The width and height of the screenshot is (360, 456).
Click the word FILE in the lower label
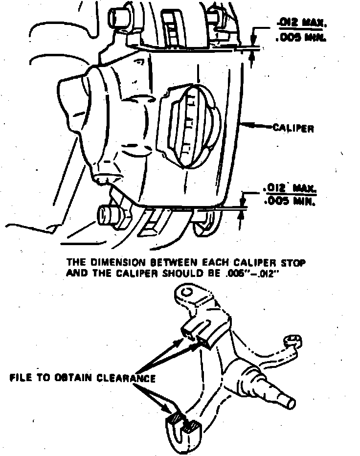[x=21, y=378]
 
